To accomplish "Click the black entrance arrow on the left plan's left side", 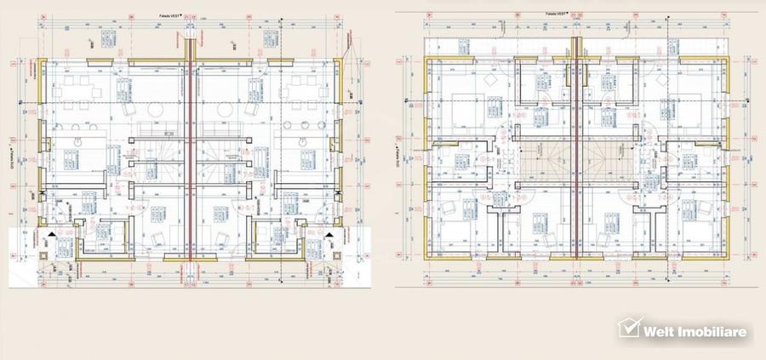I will pyautogui.click(x=53, y=231).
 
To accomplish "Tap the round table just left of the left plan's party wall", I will pyautogui.click(x=156, y=111).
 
